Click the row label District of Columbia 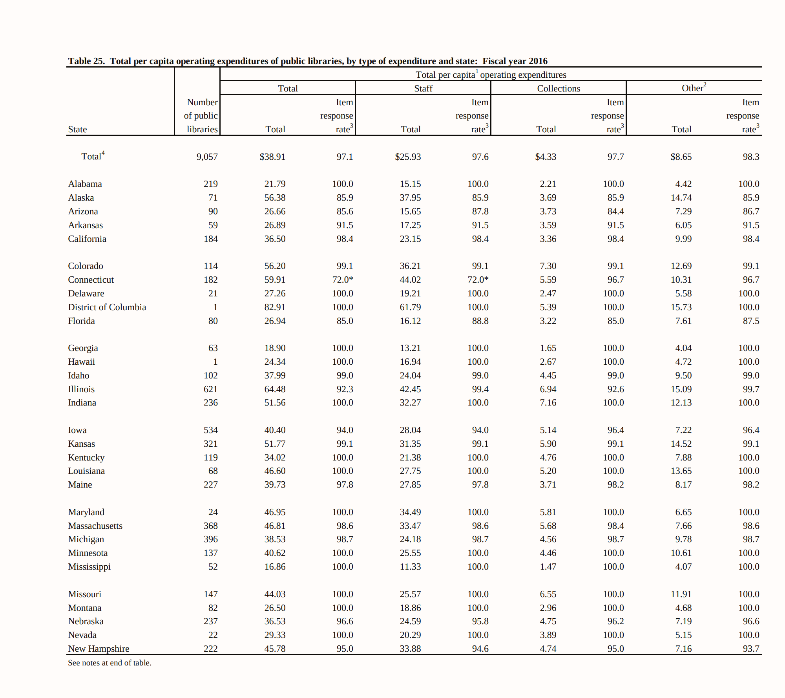(107, 307)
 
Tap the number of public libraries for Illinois (210, 389)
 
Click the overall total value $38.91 (272, 157)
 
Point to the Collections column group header (558, 88)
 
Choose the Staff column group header (423, 88)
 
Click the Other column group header (694, 88)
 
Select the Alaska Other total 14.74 (681, 197)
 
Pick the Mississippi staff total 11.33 (410, 566)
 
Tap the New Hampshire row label (99, 649)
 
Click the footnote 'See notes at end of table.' (110, 663)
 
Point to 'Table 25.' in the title (86, 61)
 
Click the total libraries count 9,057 (207, 157)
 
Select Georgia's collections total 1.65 (548, 348)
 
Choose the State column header (77, 129)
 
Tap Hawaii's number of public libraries (215, 362)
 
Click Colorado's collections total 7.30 (548, 266)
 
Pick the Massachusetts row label (95, 526)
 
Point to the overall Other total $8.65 (681, 157)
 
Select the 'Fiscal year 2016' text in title (515, 61)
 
